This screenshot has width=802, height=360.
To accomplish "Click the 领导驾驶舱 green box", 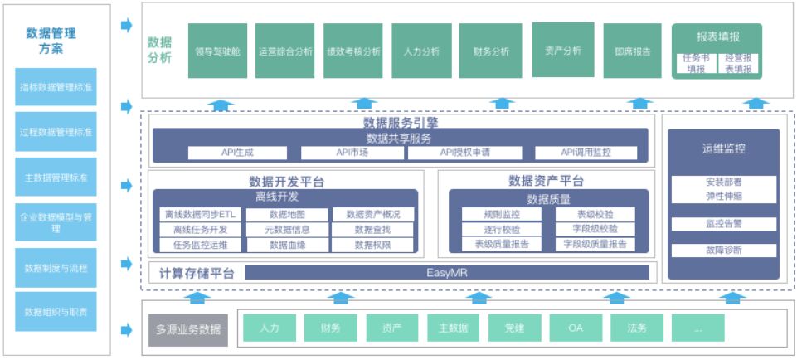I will pyautogui.click(x=217, y=51).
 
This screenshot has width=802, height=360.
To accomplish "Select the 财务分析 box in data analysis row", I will pyautogui.click(x=491, y=51).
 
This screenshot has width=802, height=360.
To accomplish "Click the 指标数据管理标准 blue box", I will pyautogui.click(x=56, y=86).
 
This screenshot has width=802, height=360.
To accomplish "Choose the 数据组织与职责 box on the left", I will pyautogui.click(x=56, y=312).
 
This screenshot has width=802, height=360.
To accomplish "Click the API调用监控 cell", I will pyautogui.click(x=586, y=153).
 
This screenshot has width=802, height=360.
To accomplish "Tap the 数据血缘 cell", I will pyautogui.click(x=287, y=245).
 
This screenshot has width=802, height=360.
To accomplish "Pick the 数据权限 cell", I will pyautogui.click(x=372, y=245).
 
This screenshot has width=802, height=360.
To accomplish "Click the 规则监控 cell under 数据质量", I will pyautogui.click(x=501, y=214).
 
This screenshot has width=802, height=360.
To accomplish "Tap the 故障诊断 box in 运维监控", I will pyautogui.click(x=724, y=250).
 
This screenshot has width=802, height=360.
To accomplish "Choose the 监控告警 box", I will pyautogui.click(x=724, y=223).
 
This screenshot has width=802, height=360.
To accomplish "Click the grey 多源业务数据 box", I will pyautogui.click(x=188, y=329).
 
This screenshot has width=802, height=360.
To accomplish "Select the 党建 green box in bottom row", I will pyautogui.click(x=514, y=328).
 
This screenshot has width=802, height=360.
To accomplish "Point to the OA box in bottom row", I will pyautogui.click(x=575, y=328).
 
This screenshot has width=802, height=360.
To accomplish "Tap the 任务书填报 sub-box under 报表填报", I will pyautogui.click(x=695, y=64).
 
